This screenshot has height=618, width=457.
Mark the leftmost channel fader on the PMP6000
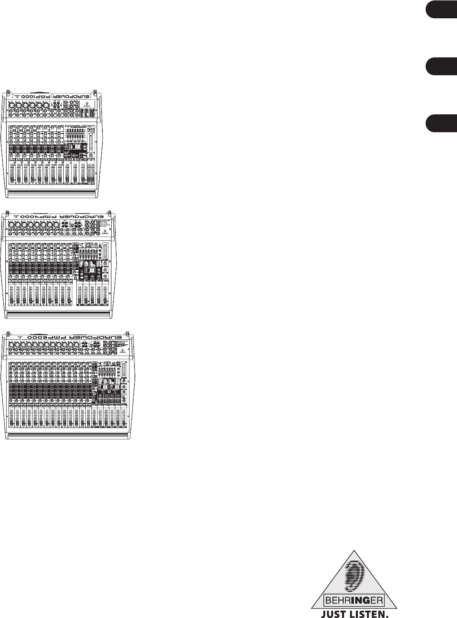pos(11,419)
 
